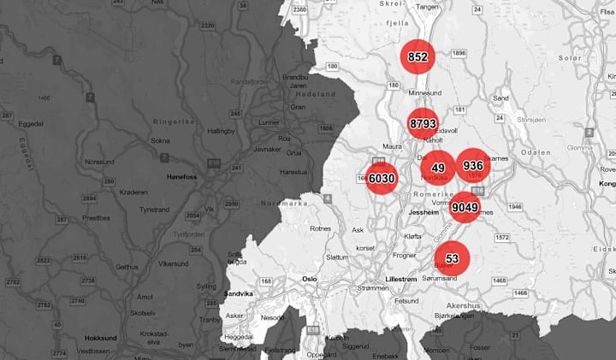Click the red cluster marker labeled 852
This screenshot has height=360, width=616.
[x=418, y=57]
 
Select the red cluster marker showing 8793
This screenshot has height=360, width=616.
[x=424, y=125]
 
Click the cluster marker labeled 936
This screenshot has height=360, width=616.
[x=472, y=165]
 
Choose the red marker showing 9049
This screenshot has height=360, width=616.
[x=465, y=207]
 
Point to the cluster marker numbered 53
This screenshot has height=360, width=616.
[x=452, y=258]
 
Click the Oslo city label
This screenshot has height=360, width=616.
[x=310, y=279]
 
